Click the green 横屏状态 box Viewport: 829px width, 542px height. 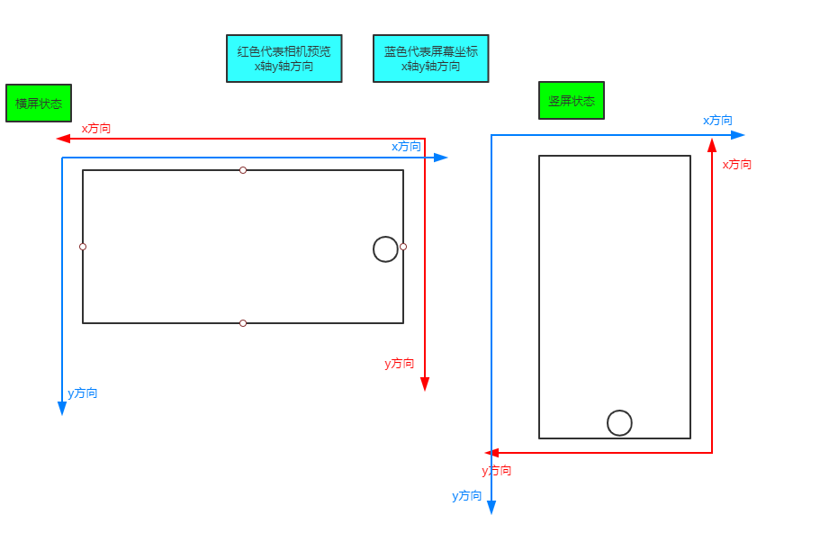point(39,104)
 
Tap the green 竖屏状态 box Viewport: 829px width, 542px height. point(572,101)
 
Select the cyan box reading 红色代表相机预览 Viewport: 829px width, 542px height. point(284,59)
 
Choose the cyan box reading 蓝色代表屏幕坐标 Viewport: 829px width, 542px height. point(431,59)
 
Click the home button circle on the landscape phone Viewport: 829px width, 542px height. point(385,249)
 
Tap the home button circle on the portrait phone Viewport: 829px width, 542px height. point(619,423)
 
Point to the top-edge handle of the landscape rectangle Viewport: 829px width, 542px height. point(243,170)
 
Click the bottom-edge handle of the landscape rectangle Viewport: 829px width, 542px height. point(243,323)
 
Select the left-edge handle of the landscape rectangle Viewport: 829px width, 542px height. point(83,247)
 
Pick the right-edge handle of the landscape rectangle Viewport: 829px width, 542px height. point(403,247)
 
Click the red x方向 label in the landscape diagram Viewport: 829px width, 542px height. point(96,129)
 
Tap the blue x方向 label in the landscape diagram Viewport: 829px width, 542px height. point(406,147)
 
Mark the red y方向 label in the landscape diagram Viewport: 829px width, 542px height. point(400,364)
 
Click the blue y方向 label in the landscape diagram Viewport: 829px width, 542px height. point(83,393)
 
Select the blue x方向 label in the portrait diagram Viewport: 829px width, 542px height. point(717,121)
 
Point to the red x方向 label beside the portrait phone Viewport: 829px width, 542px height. point(736,165)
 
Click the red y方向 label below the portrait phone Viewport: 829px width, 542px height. point(497,471)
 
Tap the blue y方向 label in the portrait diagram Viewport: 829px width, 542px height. point(467,496)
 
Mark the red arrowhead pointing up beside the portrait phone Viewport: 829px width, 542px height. point(712,145)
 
